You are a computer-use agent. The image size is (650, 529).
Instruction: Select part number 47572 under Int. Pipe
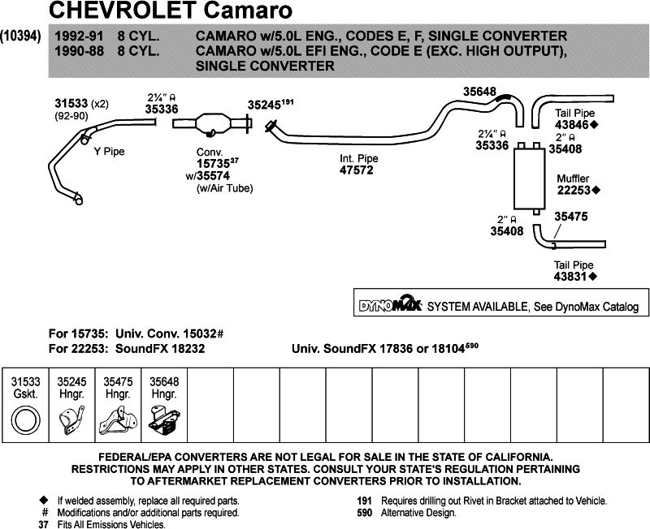point(357,171)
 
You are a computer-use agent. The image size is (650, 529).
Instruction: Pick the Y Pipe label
point(109,151)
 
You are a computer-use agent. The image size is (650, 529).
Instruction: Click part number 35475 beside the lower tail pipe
point(571,217)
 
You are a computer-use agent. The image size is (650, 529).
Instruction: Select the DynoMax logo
point(390,306)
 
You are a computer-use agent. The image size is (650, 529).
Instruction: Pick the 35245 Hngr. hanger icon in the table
point(72,420)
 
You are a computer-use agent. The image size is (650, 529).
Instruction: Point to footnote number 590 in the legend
point(366,513)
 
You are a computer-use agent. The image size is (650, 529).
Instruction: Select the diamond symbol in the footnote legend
point(43,501)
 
